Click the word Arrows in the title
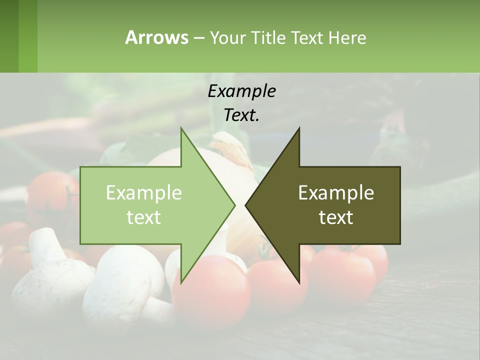pyautogui.click(x=156, y=37)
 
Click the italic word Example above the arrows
pyautogui.click(x=241, y=91)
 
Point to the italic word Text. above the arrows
pyautogui.click(x=241, y=115)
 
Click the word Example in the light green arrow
pyautogui.click(x=143, y=193)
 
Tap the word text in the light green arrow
pyautogui.click(x=143, y=217)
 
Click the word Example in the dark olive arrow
pyautogui.click(x=336, y=193)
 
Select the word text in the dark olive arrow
pyautogui.click(x=336, y=217)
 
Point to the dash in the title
pyautogui.click(x=198, y=38)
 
